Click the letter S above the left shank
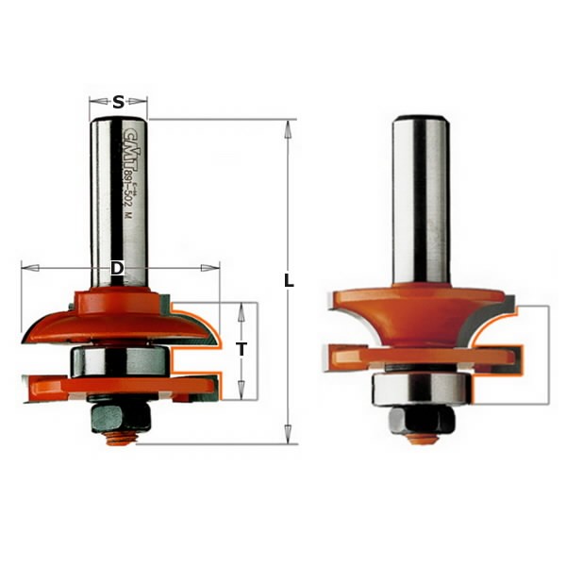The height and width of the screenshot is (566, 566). click(x=118, y=103)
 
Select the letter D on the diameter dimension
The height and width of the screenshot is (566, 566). click(x=117, y=269)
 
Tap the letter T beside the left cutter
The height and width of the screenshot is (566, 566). click(x=241, y=349)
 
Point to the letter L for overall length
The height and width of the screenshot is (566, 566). click(x=290, y=281)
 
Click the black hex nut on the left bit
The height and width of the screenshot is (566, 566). click(x=118, y=414)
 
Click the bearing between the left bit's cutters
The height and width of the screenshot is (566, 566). click(x=119, y=362)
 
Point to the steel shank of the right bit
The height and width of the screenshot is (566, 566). click(x=420, y=198)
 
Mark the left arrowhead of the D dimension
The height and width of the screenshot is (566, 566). click(x=25, y=269)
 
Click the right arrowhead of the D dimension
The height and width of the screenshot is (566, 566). click(x=214, y=269)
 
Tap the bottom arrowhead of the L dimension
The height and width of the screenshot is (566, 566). click(x=290, y=438)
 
